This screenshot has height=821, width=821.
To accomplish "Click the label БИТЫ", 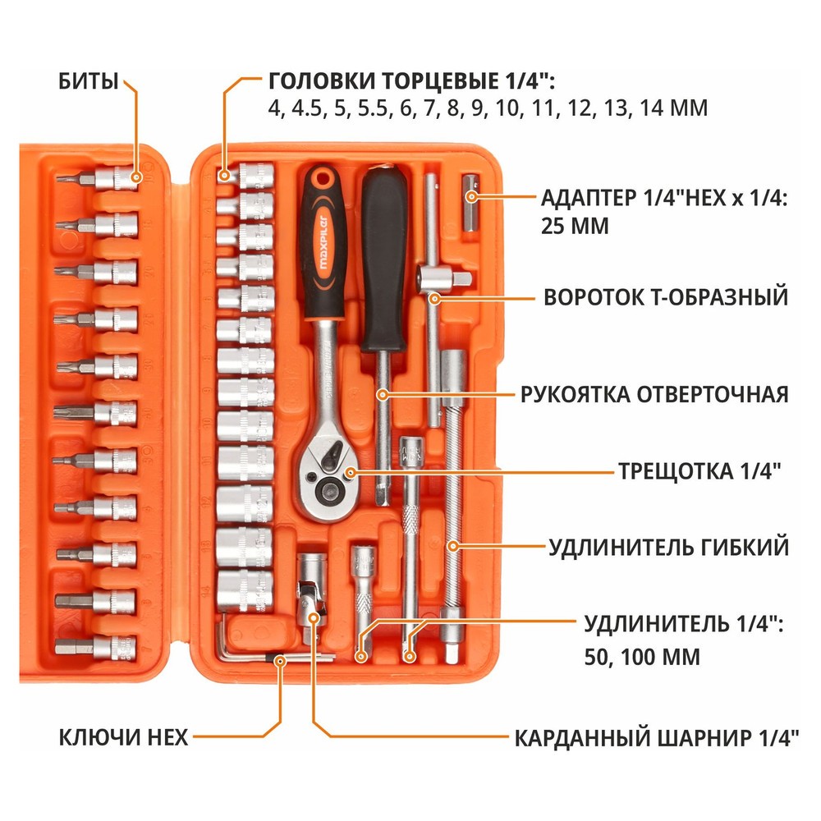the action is click(x=88, y=81).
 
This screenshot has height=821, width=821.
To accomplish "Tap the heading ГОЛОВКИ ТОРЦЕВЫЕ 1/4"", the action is click(x=411, y=81).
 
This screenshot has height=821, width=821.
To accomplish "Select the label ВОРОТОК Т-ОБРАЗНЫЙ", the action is click(x=666, y=297).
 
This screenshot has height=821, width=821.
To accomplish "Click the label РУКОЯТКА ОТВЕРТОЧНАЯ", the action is click(x=654, y=394).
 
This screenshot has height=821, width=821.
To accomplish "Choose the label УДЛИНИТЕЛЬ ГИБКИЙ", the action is click(x=668, y=546).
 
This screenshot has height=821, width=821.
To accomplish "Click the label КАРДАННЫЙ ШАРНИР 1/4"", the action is click(x=656, y=737).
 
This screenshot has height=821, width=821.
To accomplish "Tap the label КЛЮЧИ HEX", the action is click(x=123, y=737).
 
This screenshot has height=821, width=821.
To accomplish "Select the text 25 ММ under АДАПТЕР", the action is click(x=575, y=226).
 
